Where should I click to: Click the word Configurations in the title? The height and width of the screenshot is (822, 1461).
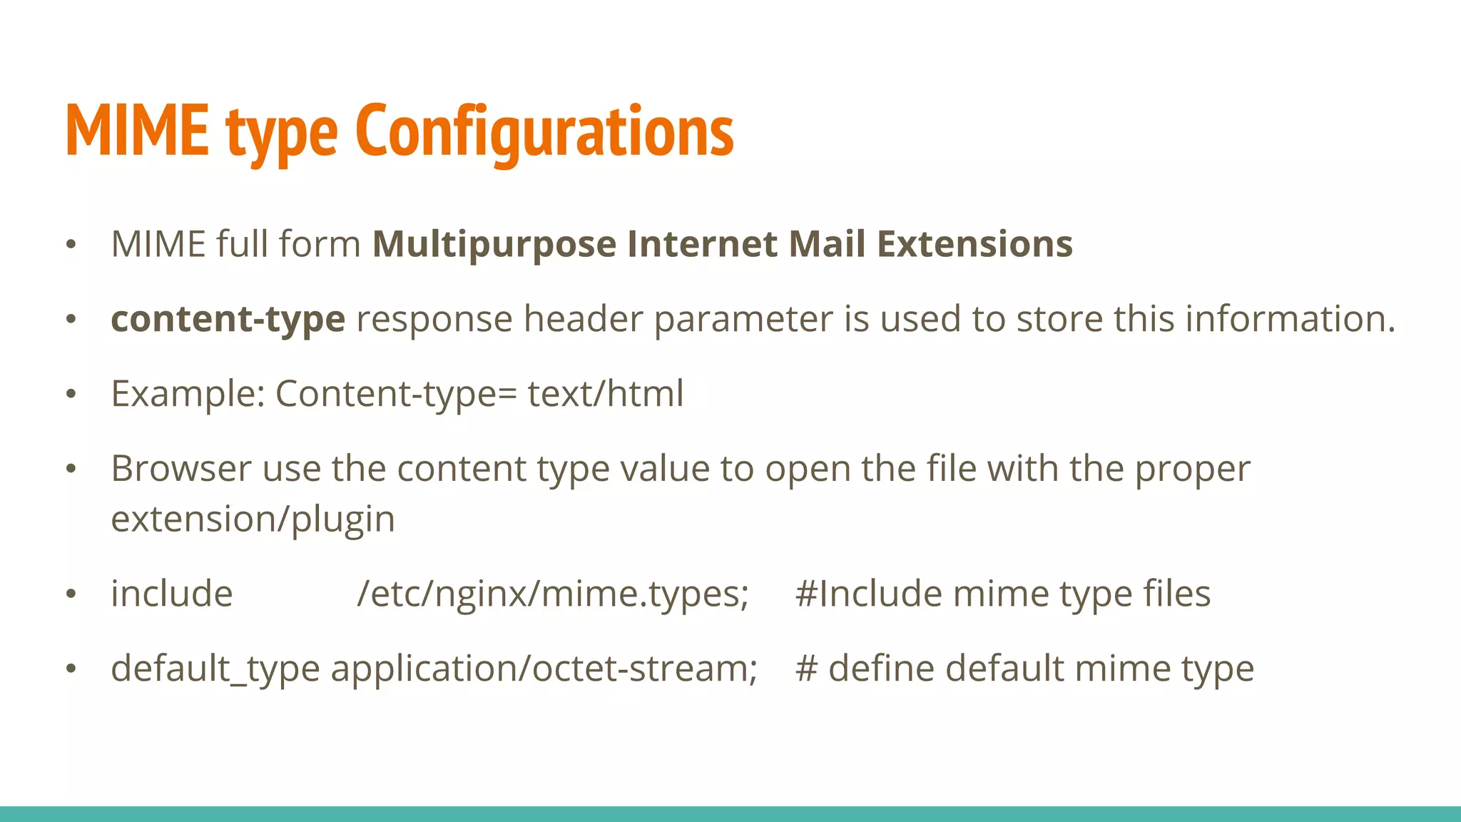click(544, 131)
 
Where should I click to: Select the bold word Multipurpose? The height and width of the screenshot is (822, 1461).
click(494, 245)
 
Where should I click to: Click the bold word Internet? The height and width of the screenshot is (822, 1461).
click(702, 244)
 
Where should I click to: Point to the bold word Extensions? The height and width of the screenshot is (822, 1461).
click(974, 244)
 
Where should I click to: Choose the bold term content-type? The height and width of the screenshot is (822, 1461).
click(228, 319)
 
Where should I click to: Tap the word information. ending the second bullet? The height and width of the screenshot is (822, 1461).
click(1291, 318)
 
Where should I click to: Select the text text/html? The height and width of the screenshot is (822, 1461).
click(606, 393)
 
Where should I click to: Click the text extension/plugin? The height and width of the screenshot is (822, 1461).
click(253, 519)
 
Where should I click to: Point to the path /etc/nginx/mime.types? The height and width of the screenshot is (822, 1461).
click(553, 594)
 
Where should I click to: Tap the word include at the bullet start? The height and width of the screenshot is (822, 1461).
click(172, 594)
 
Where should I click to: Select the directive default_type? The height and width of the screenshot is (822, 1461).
click(215, 669)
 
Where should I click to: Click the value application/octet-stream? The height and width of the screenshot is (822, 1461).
click(544, 669)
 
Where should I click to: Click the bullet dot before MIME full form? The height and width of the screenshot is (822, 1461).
click(71, 245)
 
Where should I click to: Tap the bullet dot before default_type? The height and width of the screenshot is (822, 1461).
click(71, 669)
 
